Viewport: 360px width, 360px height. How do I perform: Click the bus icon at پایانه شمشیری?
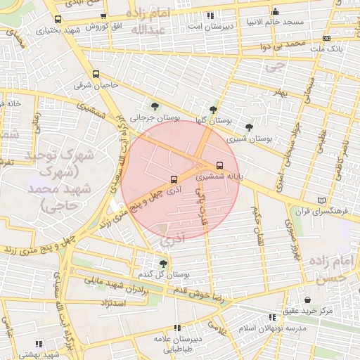point(219,166)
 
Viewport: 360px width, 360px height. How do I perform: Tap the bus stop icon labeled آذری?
point(174,179)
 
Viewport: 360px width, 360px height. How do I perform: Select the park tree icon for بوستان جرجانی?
point(154,107)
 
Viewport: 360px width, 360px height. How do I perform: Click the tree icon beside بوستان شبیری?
point(249,127)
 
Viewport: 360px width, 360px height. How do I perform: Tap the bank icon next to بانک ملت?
point(326,38)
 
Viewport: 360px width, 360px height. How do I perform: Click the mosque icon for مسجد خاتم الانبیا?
point(275,11)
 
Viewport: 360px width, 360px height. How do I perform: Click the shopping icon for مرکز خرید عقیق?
point(307,299)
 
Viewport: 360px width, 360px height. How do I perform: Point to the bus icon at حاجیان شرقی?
point(96,74)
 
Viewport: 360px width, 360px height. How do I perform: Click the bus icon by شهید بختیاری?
point(57,19)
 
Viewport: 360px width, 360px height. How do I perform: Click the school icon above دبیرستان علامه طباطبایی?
point(177,328)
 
